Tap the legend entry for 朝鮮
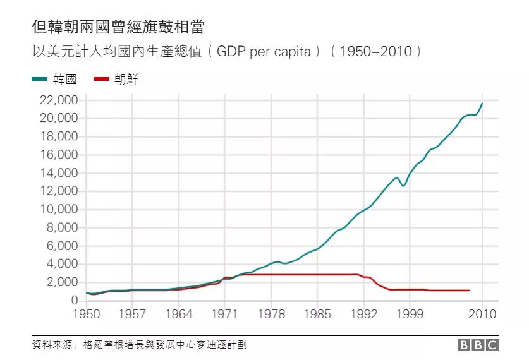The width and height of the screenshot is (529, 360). pos(116,79)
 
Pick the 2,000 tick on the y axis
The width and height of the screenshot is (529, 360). pos(61,282)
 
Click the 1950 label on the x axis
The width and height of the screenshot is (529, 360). pos(86,313)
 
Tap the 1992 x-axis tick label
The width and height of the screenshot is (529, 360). pos(363,313)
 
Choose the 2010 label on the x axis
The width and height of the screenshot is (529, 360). pos(482,313)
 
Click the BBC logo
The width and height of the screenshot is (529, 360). pos(478,345)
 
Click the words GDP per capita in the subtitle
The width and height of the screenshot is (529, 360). pos(264,51)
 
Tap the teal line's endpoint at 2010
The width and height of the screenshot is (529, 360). pos(482,103)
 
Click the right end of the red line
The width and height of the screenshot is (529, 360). pos(470,291)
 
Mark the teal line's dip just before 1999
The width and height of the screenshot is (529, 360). pos(403,185)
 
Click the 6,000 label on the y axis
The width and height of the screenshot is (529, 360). pos(61,246)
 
